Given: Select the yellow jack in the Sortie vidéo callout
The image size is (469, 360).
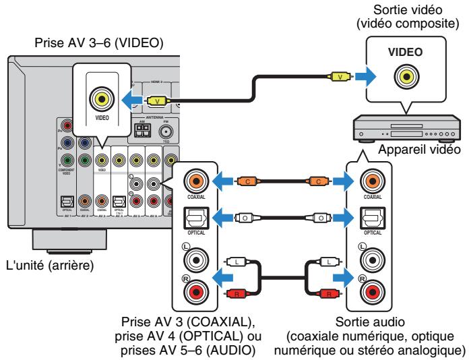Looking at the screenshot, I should pyautogui.click(x=404, y=76).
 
